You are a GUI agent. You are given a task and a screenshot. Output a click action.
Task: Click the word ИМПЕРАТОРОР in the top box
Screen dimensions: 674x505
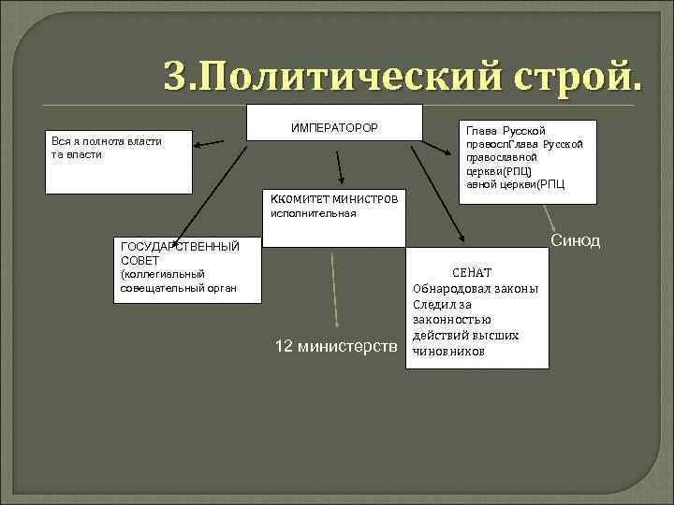click(x=335, y=126)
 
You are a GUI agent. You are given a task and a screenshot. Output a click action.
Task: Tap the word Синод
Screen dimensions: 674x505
click(x=575, y=242)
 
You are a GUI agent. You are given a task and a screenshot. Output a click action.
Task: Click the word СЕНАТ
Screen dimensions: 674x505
click(x=472, y=271)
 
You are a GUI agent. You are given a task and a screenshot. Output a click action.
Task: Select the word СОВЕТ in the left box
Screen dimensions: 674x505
click(x=140, y=259)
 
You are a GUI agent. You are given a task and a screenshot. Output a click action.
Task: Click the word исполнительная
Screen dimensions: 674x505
click(x=313, y=213)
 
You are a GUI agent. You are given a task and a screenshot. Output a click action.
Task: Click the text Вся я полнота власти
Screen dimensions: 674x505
click(x=106, y=141)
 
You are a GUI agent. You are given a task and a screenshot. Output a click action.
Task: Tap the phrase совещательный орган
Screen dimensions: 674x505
click(x=178, y=286)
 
